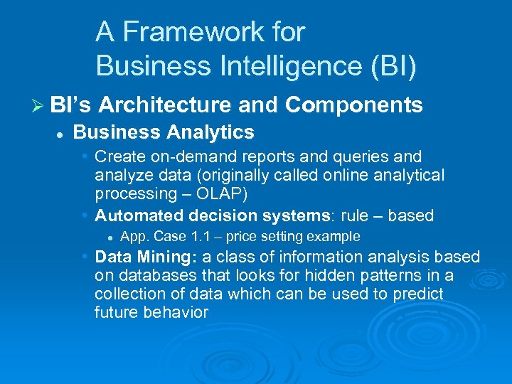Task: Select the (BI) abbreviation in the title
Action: point(392,66)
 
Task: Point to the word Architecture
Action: point(165,105)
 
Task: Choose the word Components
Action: point(353,105)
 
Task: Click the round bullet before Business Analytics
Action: point(62,133)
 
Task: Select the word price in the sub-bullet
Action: point(243,237)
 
